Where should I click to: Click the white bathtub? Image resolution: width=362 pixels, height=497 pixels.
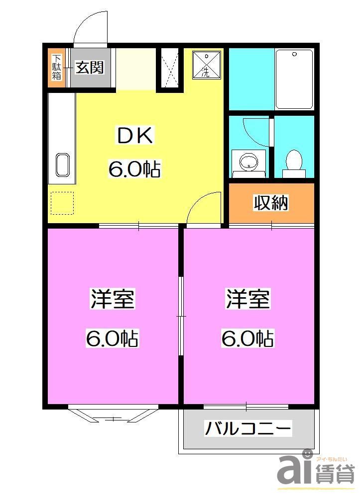[294, 79]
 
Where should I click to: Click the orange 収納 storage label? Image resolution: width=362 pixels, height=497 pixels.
[271, 202]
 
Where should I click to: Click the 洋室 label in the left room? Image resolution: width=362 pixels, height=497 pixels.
[112, 300]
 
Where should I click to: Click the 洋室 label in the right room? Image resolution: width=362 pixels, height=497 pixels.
[248, 300]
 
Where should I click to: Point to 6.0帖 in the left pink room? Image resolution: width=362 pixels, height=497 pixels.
[112, 339]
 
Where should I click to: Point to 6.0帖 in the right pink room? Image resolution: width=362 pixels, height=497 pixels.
[248, 339]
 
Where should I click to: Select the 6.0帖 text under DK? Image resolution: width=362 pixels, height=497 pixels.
[134, 169]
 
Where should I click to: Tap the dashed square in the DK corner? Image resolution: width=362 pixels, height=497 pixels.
[62, 203]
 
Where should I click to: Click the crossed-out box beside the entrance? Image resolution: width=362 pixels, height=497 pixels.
[170, 70]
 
